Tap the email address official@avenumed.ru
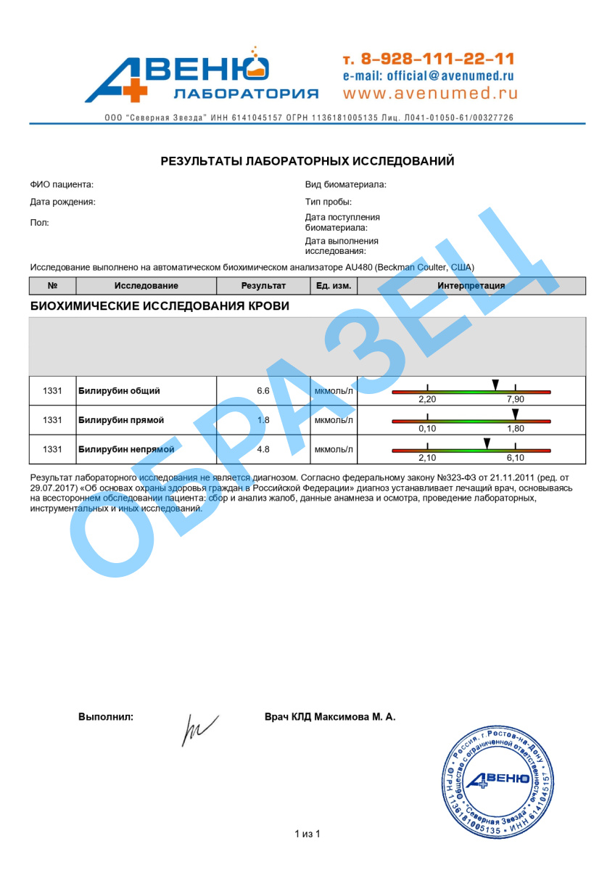(x=429, y=75)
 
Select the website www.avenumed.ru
(x=430, y=93)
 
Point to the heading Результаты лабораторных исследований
(x=307, y=161)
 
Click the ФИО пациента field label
(x=62, y=185)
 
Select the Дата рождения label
(x=62, y=202)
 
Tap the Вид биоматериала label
(x=345, y=185)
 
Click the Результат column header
(x=263, y=286)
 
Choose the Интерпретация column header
(x=471, y=286)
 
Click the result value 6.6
(x=263, y=391)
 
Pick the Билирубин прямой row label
(x=121, y=420)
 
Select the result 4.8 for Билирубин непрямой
(x=263, y=449)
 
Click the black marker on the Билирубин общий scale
(x=495, y=384)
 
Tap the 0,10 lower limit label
(x=427, y=429)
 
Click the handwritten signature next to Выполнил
(x=198, y=728)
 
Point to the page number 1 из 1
(x=307, y=834)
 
